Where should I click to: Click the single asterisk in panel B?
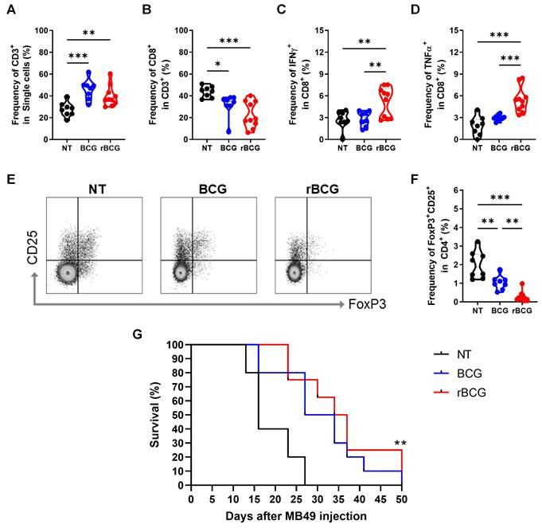[217, 67]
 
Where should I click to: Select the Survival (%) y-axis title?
[157, 416]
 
